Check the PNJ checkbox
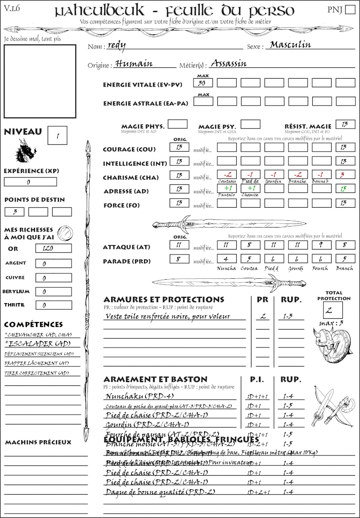click(x=349, y=10)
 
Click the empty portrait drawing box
click(x=40, y=81)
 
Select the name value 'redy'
click(x=117, y=45)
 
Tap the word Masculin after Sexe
click(x=291, y=45)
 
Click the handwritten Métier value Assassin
click(x=229, y=63)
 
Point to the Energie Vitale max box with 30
click(x=203, y=83)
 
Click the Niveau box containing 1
click(x=58, y=135)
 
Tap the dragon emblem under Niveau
click(x=26, y=150)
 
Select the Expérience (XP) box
click(x=31, y=182)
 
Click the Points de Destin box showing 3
click(x=14, y=212)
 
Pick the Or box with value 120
click(x=53, y=248)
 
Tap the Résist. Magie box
click(x=345, y=124)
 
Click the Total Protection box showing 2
click(x=333, y=310)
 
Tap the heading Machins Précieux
click(x=38, y=442)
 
